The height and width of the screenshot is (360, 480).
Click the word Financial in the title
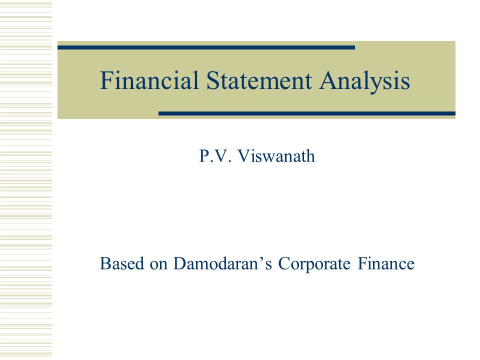pyautogui.click(x=149, y=80)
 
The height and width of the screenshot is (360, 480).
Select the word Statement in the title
pyautogui.click(x=259, y=80)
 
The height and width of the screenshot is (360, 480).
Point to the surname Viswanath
pyautogui.click(x=276, y=156)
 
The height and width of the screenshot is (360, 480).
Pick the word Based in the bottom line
pyautogui.click(x=122, y=263)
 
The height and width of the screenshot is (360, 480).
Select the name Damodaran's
pyautogui.click(x=222, y=263)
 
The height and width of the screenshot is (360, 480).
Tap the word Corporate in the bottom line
pyautogui.click(x=314, y=264)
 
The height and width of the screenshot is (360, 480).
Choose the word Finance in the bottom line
pyautogui.click(x=386, y=263)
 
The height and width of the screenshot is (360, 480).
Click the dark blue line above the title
pyautogui.click(x=206, y=47)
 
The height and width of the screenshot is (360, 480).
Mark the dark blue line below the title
pyautogui.click(x=306, y=113)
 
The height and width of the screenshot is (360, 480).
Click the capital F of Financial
pyautogui.click(x=106, y=80)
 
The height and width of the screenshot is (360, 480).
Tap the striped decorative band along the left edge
pyautogui.click(x=26, y=180)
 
